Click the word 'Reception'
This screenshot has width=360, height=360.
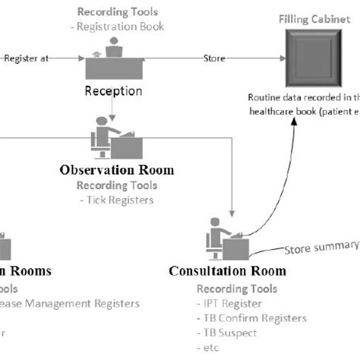[112, 91]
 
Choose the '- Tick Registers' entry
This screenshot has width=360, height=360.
[116, 200]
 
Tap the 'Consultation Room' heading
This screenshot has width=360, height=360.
[227, 270]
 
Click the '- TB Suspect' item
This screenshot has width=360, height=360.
[227, 333]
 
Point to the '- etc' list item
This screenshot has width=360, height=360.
[207, 347]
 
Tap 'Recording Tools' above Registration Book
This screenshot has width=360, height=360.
[117, 12]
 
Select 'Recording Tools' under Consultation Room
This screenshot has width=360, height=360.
[236, 289]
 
